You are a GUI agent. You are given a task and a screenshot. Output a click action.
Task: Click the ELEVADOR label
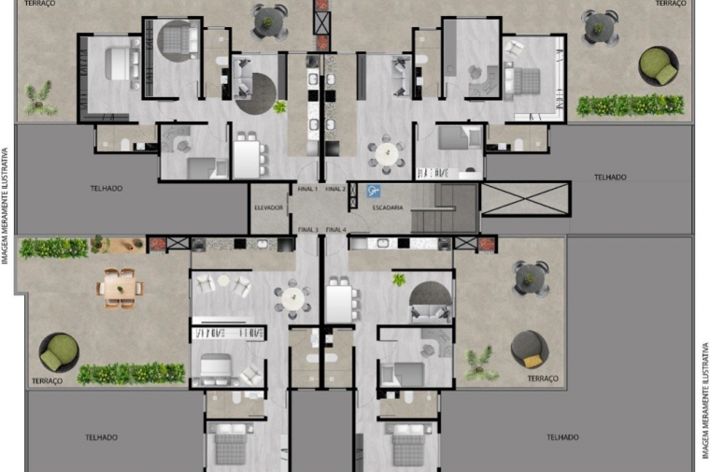coord(268,207)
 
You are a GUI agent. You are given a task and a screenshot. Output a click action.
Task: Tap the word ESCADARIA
coord(388,207)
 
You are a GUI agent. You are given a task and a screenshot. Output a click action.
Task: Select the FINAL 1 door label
coord(307,189)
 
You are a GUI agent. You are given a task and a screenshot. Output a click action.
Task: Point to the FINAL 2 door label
coord(335,189)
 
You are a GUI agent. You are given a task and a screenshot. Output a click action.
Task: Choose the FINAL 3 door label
coord(308,230)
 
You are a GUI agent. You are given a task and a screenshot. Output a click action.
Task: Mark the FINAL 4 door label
coord(336,230)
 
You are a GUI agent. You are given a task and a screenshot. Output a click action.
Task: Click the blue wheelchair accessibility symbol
coord(373,192)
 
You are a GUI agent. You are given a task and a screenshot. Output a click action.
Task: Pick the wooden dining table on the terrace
coord(120,289)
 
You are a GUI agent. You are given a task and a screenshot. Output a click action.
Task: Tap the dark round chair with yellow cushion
coord(530,350)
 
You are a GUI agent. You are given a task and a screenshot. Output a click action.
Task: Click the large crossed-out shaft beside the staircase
coord(525,198)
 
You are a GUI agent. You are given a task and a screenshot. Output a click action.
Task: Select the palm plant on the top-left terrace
coord(39,99)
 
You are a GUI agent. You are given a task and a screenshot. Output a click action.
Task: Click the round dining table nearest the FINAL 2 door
coord(386,153)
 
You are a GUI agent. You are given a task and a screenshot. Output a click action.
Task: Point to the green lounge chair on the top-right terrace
coord(659,66)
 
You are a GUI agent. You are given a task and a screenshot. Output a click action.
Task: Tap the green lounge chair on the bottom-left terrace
coord(59,352)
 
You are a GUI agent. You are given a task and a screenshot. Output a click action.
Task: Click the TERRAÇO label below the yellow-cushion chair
coord(543,379)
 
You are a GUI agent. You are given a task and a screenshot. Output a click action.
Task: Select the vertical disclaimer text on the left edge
coord(5,206)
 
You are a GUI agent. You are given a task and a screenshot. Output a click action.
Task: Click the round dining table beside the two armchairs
coord(293,298)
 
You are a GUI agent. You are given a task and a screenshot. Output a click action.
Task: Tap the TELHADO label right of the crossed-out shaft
coord(610,177)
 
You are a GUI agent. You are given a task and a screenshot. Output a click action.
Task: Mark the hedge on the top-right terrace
coord(630,106)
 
